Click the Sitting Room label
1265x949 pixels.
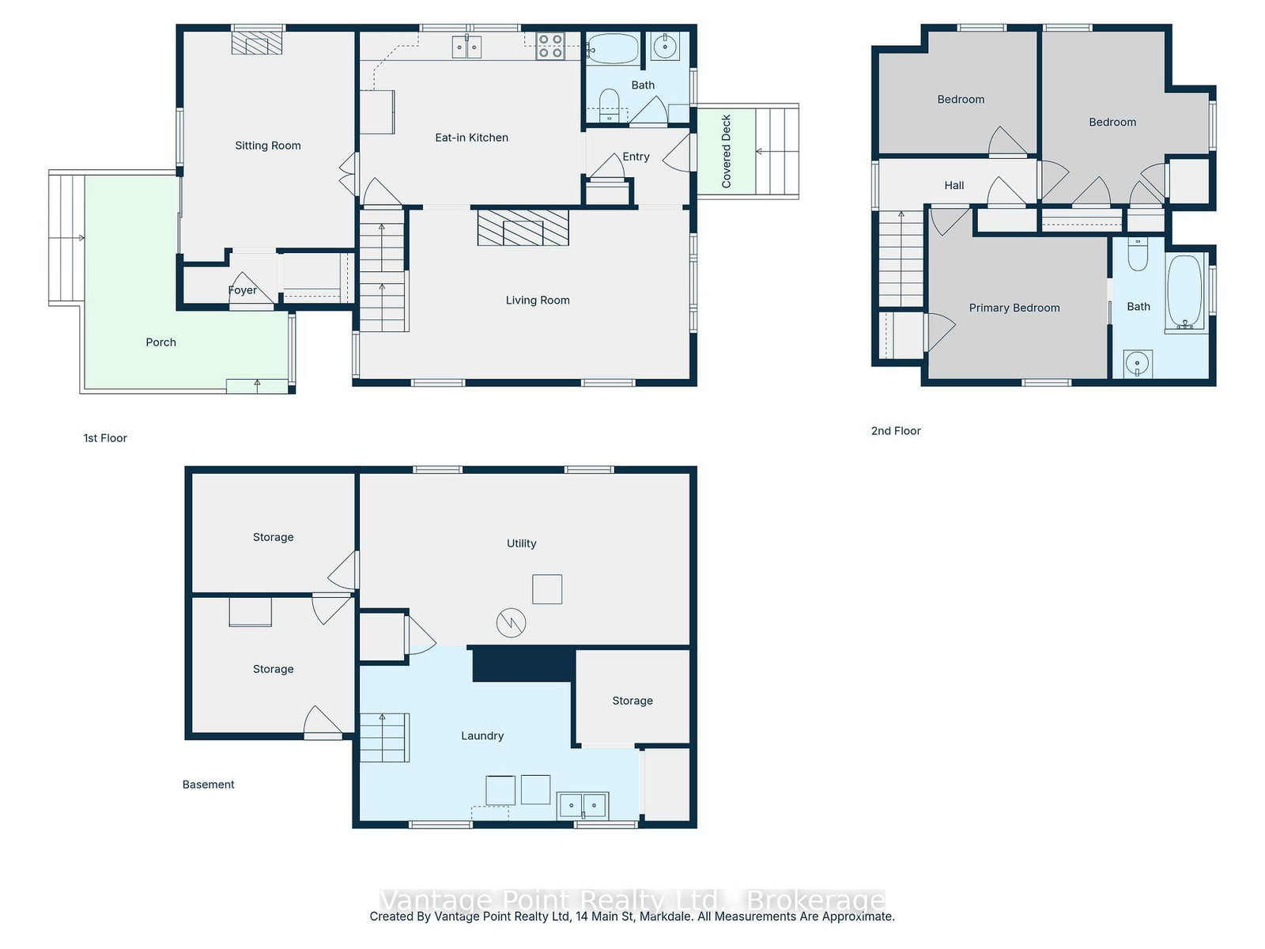[x=267, y=146]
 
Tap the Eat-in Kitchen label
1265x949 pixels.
[x=471, y=137]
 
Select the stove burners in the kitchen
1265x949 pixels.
[x=549, y=46]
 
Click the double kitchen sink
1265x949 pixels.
[x=466, y=47]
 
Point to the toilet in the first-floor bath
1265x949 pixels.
[x=609, y=105]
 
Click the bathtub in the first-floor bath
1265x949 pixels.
[x=614, y=47]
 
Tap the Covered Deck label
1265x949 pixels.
[x=726, y=151]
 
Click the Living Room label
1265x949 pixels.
[x=537, y=300]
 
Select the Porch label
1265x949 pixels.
[x=160, y=342]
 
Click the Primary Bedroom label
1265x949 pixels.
[x=1014, y=308]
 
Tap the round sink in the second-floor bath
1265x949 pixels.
[x=1137, y=364]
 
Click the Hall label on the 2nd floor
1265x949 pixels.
[x=953, y=185]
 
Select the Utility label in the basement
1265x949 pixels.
[x=521, y=543]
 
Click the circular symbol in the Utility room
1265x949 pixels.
[x=511, y=622]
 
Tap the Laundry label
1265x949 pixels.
[x=481, y=735]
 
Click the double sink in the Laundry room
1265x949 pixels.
[x=582, y=805]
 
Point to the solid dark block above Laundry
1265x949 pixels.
[x=523, y=664]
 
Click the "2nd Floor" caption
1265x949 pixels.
[x=896, y=430]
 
